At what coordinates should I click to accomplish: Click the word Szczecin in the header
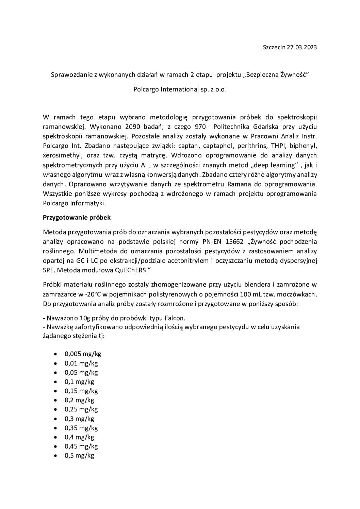click(x=274, y=47)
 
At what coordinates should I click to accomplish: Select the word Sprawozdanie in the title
click(x=69, y=75)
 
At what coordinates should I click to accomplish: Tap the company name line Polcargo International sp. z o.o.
click(x=180, y=90)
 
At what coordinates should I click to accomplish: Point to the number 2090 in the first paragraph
click(x=133, y=127)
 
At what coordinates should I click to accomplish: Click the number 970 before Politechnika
click(x=200, y=127)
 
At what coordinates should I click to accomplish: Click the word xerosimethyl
click(x=61, y=155)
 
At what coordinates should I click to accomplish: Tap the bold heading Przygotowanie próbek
click(x=77, y=218)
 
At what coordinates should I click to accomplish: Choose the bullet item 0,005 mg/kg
click(x=83, y=354)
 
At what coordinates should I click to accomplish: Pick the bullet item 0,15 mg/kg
click(x=81, y=391)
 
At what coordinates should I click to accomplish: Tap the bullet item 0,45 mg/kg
click(x=81, y=446)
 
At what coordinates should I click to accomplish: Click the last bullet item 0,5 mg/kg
click(x=79, y=456)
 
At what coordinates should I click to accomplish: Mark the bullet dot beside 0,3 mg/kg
click(x=55, y=419)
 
